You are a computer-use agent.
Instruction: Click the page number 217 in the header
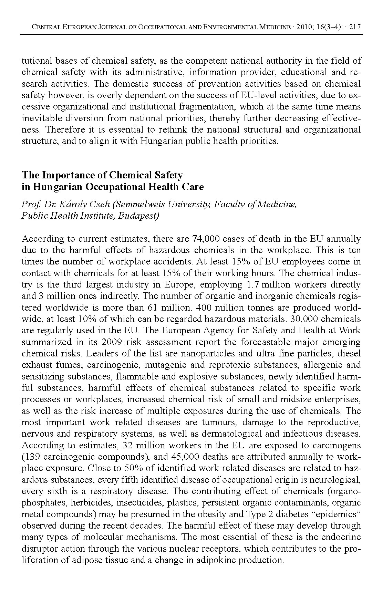(355, 27)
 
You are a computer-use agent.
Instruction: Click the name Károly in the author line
(67, 205)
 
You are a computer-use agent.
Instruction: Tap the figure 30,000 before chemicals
(306, 319)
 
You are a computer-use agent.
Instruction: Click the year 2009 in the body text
(112, 342)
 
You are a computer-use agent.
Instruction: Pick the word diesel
(350, 354)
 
